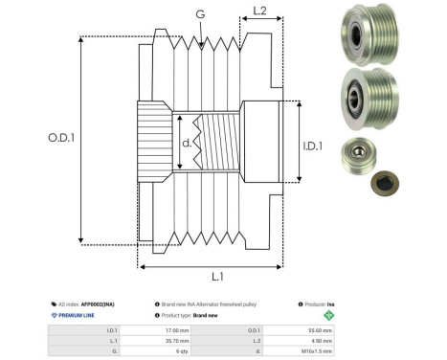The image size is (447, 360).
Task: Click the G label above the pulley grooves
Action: point(199,13)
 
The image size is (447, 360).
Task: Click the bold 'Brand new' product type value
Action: point(208,314)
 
